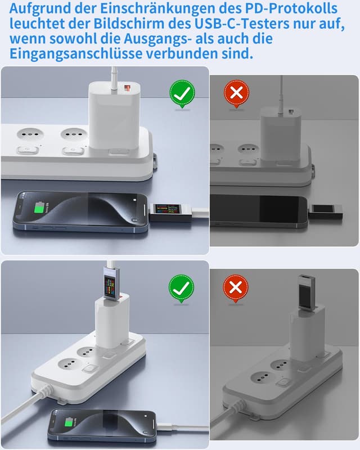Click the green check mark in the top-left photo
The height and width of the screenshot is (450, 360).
pos(182,93)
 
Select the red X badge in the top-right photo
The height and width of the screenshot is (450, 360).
pos(236,93)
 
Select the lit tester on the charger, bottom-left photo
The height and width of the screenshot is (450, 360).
pos(111,282)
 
